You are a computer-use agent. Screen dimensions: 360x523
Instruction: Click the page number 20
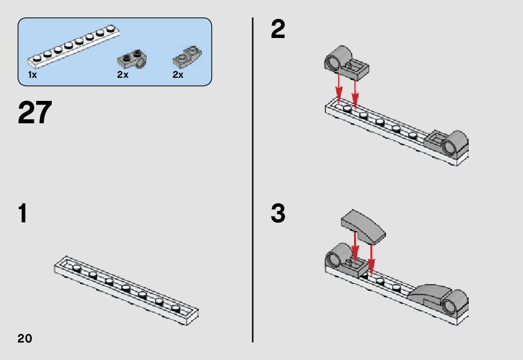[x=25, y=338]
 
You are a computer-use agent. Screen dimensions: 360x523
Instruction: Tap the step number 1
[x=22, y=214]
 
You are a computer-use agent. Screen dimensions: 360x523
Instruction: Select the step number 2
[x=278, y=29]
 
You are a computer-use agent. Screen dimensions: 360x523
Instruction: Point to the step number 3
[x=278, y=214]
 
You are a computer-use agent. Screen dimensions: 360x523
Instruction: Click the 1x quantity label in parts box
[x=32, y=75]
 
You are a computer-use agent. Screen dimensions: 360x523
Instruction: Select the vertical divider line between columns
[x=252, y=180]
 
